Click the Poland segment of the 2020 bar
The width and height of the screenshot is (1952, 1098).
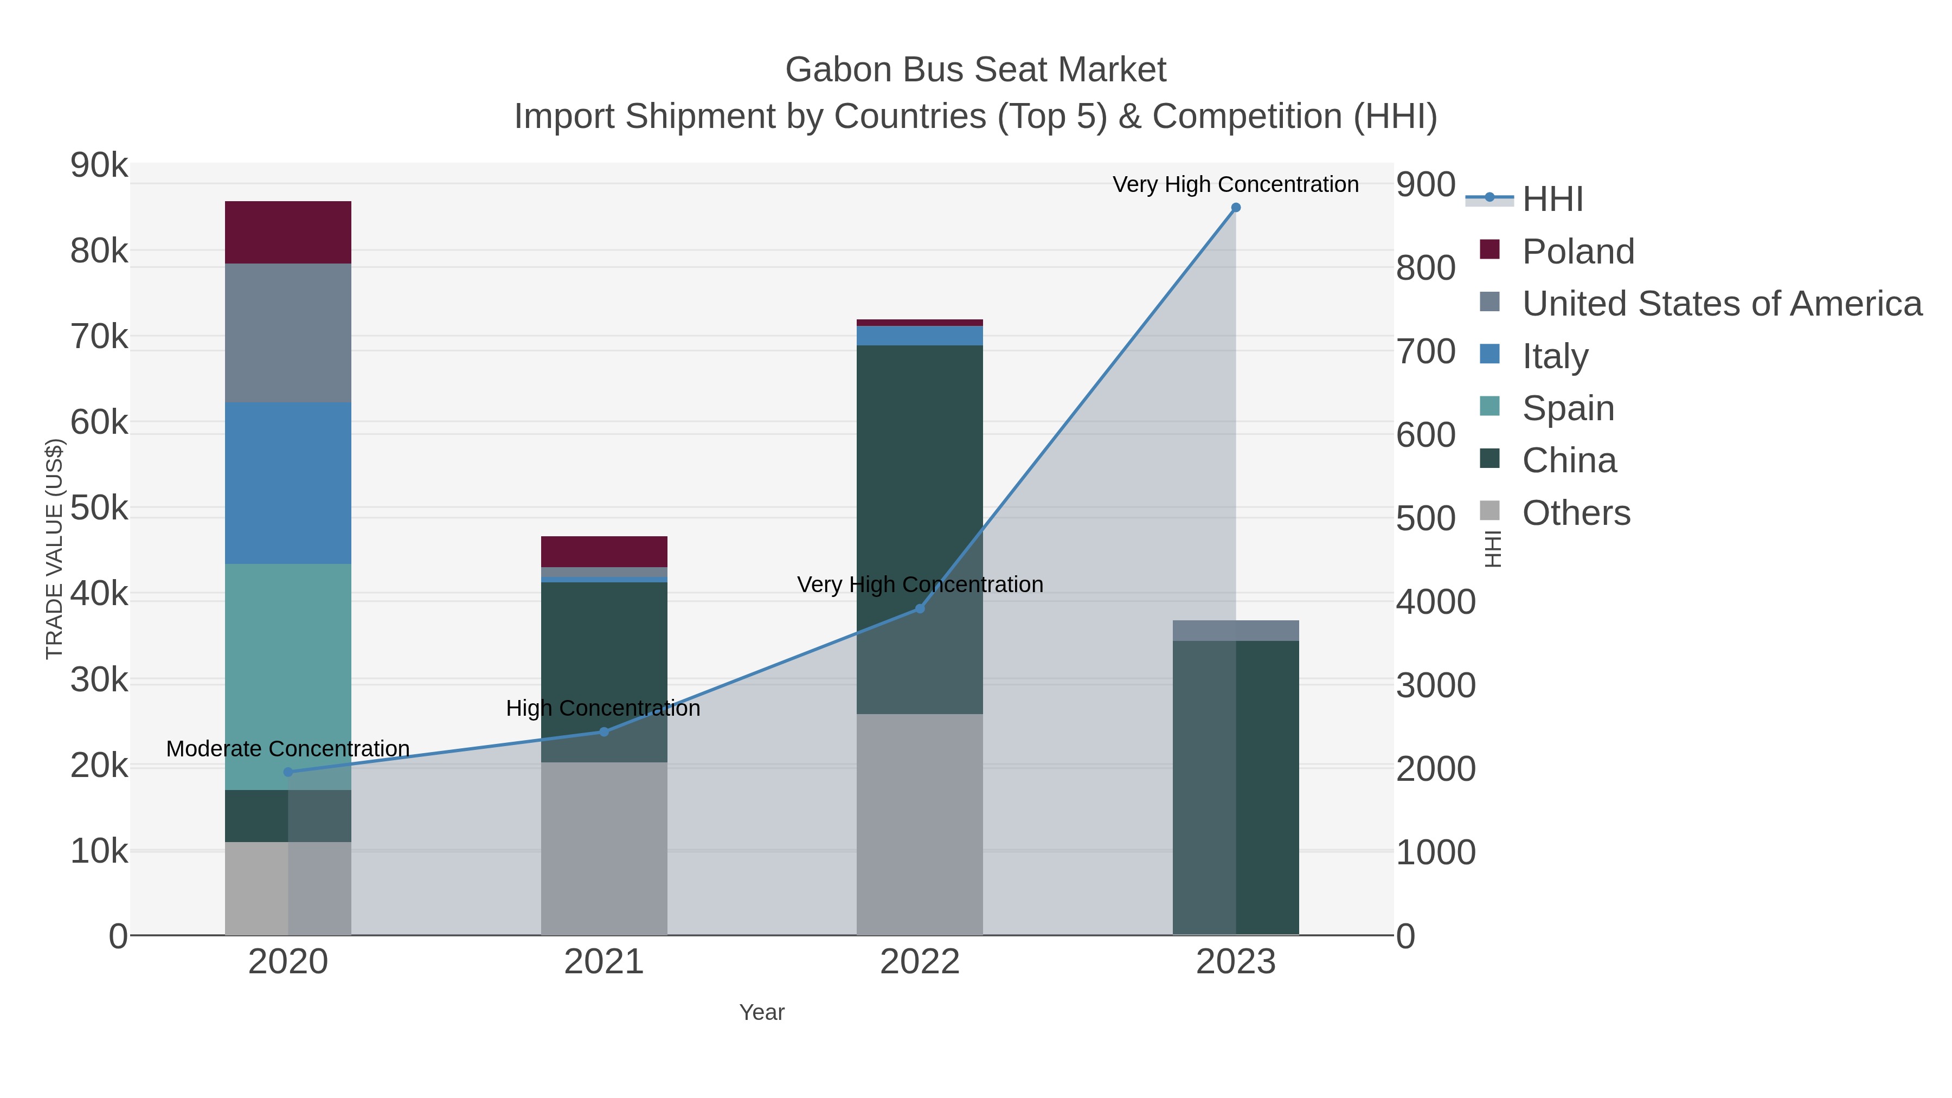[x=288, y=232]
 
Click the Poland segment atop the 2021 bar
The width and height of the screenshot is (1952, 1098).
[x=604, y=551]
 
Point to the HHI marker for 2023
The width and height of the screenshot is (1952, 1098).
[x=1236, y=208]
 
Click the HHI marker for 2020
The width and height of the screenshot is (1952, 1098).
[x=288, y=772]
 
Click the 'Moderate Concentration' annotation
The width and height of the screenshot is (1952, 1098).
[x=288, y=749]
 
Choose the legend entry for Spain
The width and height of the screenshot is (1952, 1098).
[x=1568, y=408]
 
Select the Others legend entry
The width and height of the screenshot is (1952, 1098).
[x=1575, y=513]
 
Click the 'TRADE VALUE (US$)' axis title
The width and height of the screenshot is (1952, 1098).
[x=55, y=549]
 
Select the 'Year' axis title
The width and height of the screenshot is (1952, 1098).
[x=762, y=1012]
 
